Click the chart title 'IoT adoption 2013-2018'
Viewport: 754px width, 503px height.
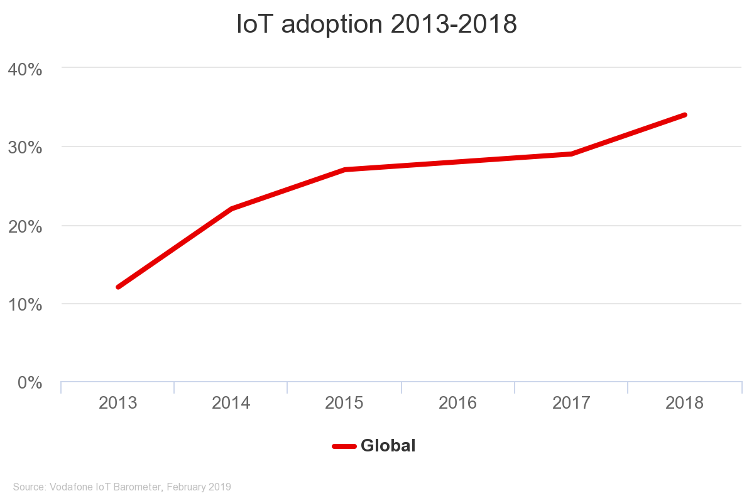pyautogui.click(x=376, y=25)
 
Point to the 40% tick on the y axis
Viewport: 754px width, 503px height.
pyautogui.click(x=25, y=69)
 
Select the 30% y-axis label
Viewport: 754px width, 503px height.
pyautogui.click(x=25, y=148)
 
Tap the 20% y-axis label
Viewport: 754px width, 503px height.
pyautogui.click(x=25, y=226)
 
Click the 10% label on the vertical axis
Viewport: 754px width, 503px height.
pyautogui.click(x=25, y=305)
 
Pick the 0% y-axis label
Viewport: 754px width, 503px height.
pyautogui.click(x=30, y=383)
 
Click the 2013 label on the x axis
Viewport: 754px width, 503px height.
pyautogui.click(x=117, y=403)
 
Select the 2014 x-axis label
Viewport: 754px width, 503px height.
pyautogui.click(x=231, y=403)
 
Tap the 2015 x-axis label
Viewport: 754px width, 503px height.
pyautogui.click(x=344, y=403)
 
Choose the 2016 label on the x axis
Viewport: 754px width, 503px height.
pyautogui.click(x=458, y=403)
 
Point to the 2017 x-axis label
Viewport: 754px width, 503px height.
pyautogui.click(x=571, y=403)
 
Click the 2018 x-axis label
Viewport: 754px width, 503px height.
pyautogui.click(x=685, y=403)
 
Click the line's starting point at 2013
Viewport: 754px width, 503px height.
pyautogui.click(x=118, y=287)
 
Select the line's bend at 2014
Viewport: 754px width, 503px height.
pyautogui.click(x=231, y=209)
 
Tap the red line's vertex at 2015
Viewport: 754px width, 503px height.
pyautogui.click(x=345, y=170)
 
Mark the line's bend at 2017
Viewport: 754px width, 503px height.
pyautogui.click(x=571, y=153)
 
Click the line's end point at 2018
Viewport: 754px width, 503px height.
pyautogui.click(x=684, y=115)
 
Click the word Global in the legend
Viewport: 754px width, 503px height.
pyautogui.click(x=388, y=446)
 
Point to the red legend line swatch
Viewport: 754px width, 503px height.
pyautogui.click(x=344, y=446)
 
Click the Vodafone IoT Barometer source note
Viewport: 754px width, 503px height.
pyautogui.click(x=122, y=487)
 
